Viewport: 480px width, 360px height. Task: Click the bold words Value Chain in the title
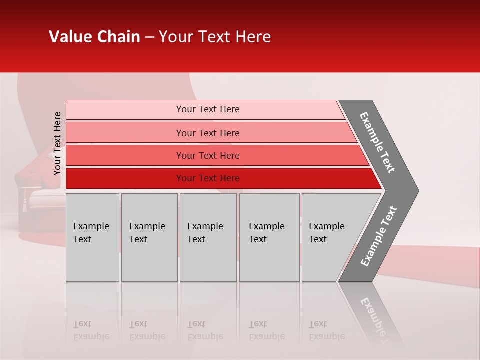pos(94,37)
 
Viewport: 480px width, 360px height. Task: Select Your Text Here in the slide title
pos(215,37)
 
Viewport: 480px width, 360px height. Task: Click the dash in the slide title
pos(149,37)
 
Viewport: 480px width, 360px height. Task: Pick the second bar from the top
pos(207,133)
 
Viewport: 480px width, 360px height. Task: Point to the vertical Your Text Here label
pos(57,143)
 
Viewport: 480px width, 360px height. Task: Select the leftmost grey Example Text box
pos(92,237)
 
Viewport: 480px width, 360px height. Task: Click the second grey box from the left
pos(149,237)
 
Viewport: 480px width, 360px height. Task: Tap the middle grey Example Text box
pos(208,237)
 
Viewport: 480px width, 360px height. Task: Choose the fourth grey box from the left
pos(269,237)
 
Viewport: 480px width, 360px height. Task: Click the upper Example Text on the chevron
pos(377,142)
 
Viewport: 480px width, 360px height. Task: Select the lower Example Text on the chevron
pos(378,236)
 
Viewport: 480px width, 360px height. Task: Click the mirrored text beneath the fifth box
pos(326,330)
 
